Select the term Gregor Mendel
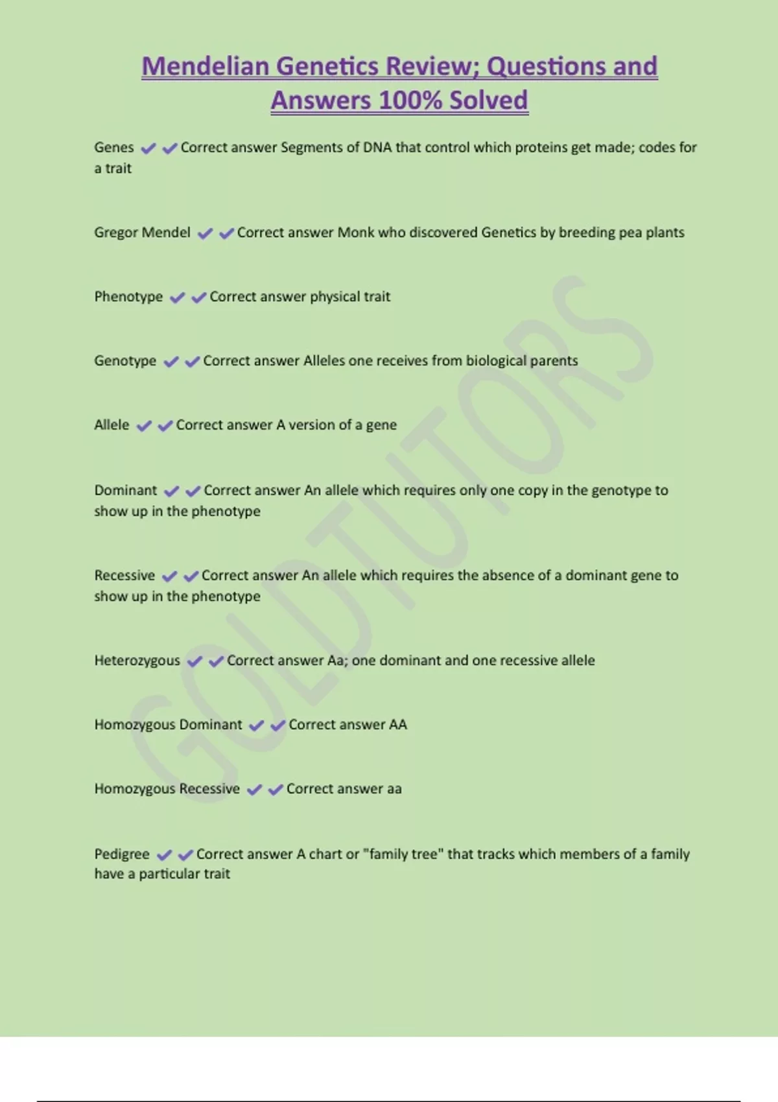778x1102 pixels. point(142,232)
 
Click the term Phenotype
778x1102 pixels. point(128,296)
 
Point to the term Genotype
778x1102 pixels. point(125,360)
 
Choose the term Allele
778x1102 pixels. point(112,425)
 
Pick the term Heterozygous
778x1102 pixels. point(137,660)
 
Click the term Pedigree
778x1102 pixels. point(122,854)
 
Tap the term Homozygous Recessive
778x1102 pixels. point(167,788)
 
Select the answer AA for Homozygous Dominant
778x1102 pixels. point(398,724)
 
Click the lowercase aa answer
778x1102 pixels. point(394,788)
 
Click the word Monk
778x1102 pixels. point(355,232)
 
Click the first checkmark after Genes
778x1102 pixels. point(148,148)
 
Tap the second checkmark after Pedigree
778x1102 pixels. point(186,855)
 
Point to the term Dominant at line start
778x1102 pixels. point(125,490)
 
